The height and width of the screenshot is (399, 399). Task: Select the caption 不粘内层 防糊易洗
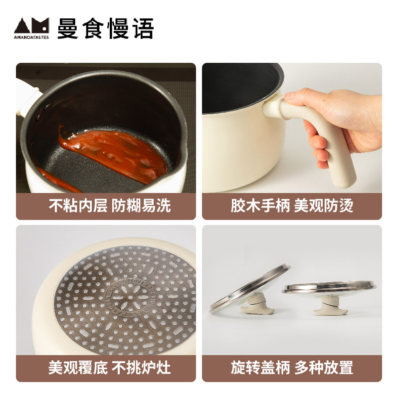coord(106,206)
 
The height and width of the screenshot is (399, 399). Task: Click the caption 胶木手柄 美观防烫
coord(292,206)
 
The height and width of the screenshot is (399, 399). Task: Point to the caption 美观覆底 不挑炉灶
coord(106,368)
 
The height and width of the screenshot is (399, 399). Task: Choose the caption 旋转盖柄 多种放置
coord(292,368)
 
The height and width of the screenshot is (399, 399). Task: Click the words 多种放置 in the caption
coord(324,368)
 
